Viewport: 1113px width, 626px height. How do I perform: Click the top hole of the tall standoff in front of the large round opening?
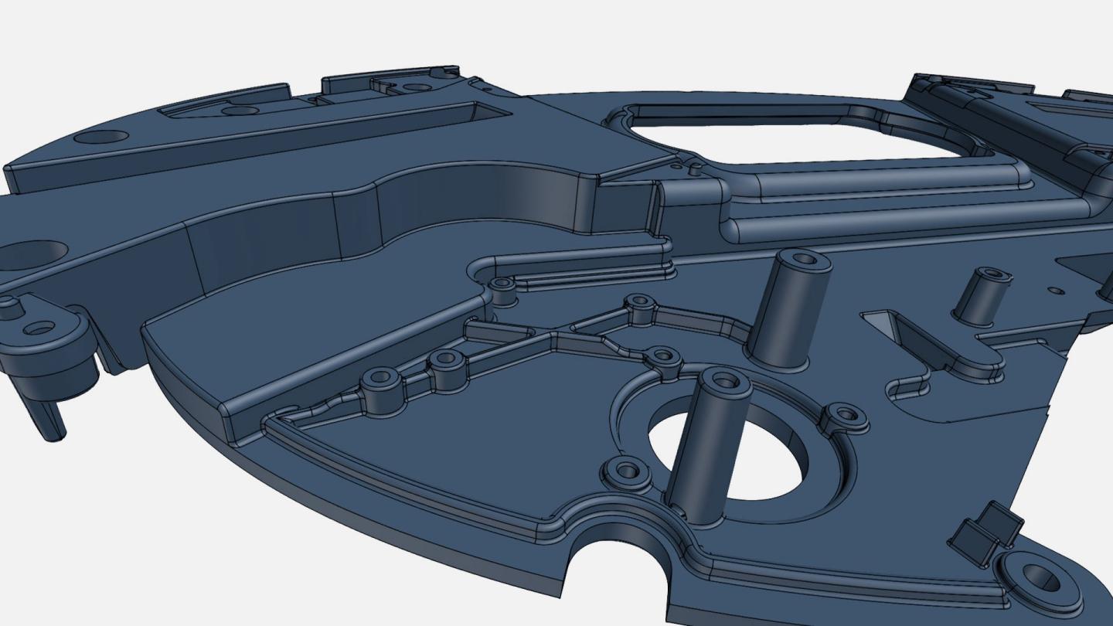click(x=724, y=379)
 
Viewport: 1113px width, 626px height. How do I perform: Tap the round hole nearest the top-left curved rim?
click(x=101, y=137)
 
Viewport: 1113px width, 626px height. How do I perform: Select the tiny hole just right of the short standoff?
click(x=1056, y=291)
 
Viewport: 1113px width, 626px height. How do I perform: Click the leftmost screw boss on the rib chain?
click(x=380, y=378)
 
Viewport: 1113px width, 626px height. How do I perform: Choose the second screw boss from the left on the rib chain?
click(x=445, y=359)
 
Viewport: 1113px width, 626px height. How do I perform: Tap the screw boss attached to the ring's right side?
click(x=846, y=414)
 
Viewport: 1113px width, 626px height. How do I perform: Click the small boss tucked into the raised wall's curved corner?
click(x=503, y=284)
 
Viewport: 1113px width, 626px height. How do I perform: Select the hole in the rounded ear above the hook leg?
click(x=39, y=328)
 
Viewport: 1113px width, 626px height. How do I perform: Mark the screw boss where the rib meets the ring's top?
click(x=662, y=356)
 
